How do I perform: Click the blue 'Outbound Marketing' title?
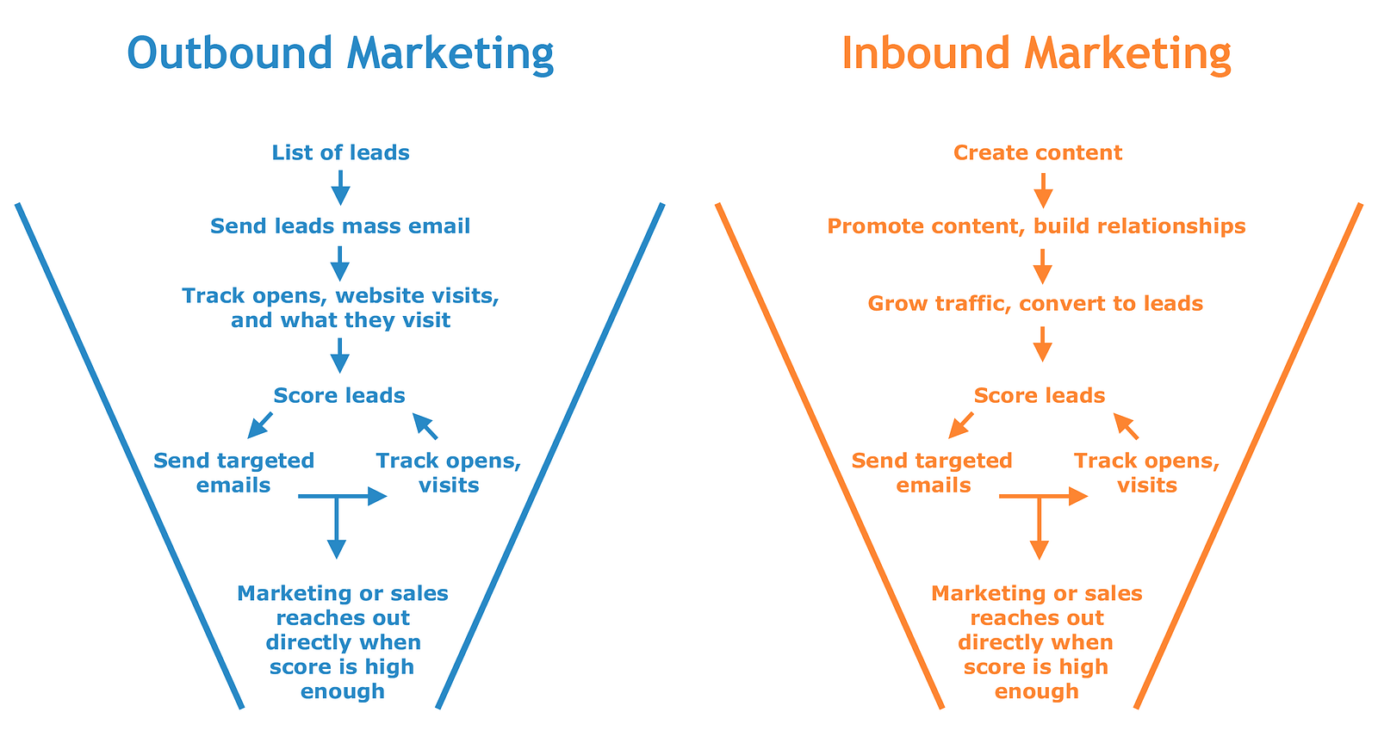click(x=340, y=53)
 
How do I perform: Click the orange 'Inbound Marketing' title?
click(x=1036, y=53)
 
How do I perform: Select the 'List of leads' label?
click(x=340, y=153)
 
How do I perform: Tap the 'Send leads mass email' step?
click(x=340, y=226)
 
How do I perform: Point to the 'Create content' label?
click(x=1038, y=153)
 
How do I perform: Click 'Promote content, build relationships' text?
click(x=1036, y=226)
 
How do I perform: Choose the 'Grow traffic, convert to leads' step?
click(x=1035, y=304)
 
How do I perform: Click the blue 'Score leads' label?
click(x=339, y=396)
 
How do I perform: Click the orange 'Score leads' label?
click(x=1040, y=396)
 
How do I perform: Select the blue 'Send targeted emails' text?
click(x=233, y=473)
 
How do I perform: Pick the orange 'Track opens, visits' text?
click(x=1146, y=473)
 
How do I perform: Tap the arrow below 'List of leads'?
click(x=341, y=187)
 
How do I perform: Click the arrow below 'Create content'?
click(x=1043, y=190)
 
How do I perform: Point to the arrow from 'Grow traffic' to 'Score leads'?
click(x=1042, y=344)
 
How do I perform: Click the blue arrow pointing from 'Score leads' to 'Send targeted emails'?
click(x=259, y=425)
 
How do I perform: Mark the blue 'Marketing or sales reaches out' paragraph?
click(x=343, y=641)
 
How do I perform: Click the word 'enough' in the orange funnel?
click(x=1036, y=691)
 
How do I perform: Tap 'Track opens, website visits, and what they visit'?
click(x=340, y=308)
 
